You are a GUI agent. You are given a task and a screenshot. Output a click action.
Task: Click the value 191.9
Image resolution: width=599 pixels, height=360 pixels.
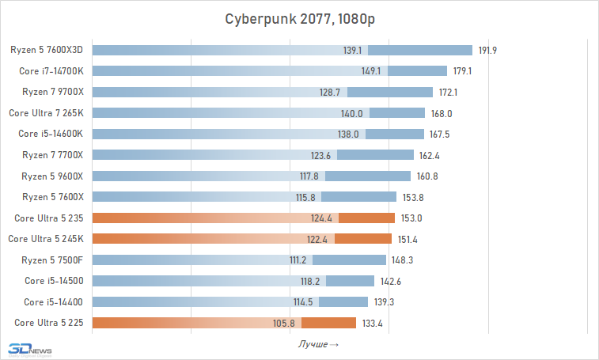tap(487, 51)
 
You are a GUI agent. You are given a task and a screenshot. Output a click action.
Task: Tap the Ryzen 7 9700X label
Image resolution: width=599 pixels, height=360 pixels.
tap(52, 92)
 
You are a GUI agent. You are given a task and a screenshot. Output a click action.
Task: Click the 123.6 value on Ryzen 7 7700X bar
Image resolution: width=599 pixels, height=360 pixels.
tap(320, 155)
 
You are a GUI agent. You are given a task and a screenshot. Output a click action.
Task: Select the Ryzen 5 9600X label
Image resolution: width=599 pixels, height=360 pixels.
tap(52, 176)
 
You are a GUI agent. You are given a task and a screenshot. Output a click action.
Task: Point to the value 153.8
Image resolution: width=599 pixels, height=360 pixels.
tap(411, 197)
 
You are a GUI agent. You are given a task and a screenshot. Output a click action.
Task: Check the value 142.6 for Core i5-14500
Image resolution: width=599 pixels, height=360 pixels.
tap(389, 281)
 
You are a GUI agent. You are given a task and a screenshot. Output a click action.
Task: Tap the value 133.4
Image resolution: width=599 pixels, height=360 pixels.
tap(371, 323)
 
